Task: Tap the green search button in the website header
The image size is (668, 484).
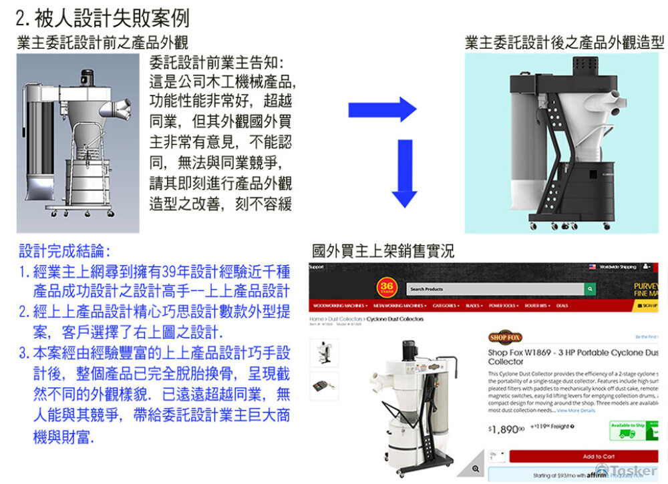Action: coord(590,289)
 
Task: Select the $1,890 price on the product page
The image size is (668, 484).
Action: coord(506,429)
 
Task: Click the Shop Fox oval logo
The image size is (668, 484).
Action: coord(506,338)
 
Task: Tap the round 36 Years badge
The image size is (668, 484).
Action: coord(387,288)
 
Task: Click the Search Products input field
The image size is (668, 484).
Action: coord(494,289)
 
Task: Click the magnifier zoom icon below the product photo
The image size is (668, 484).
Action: coord(475,469)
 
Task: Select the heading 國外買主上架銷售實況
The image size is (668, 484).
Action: coord(383,252)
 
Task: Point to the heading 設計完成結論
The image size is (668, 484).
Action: coord(64,252)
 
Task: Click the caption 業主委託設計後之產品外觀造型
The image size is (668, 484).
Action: coord(564,43)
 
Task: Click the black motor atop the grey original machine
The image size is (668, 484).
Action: coord(88,79)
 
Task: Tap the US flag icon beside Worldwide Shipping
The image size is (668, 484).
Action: coord(592,267)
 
